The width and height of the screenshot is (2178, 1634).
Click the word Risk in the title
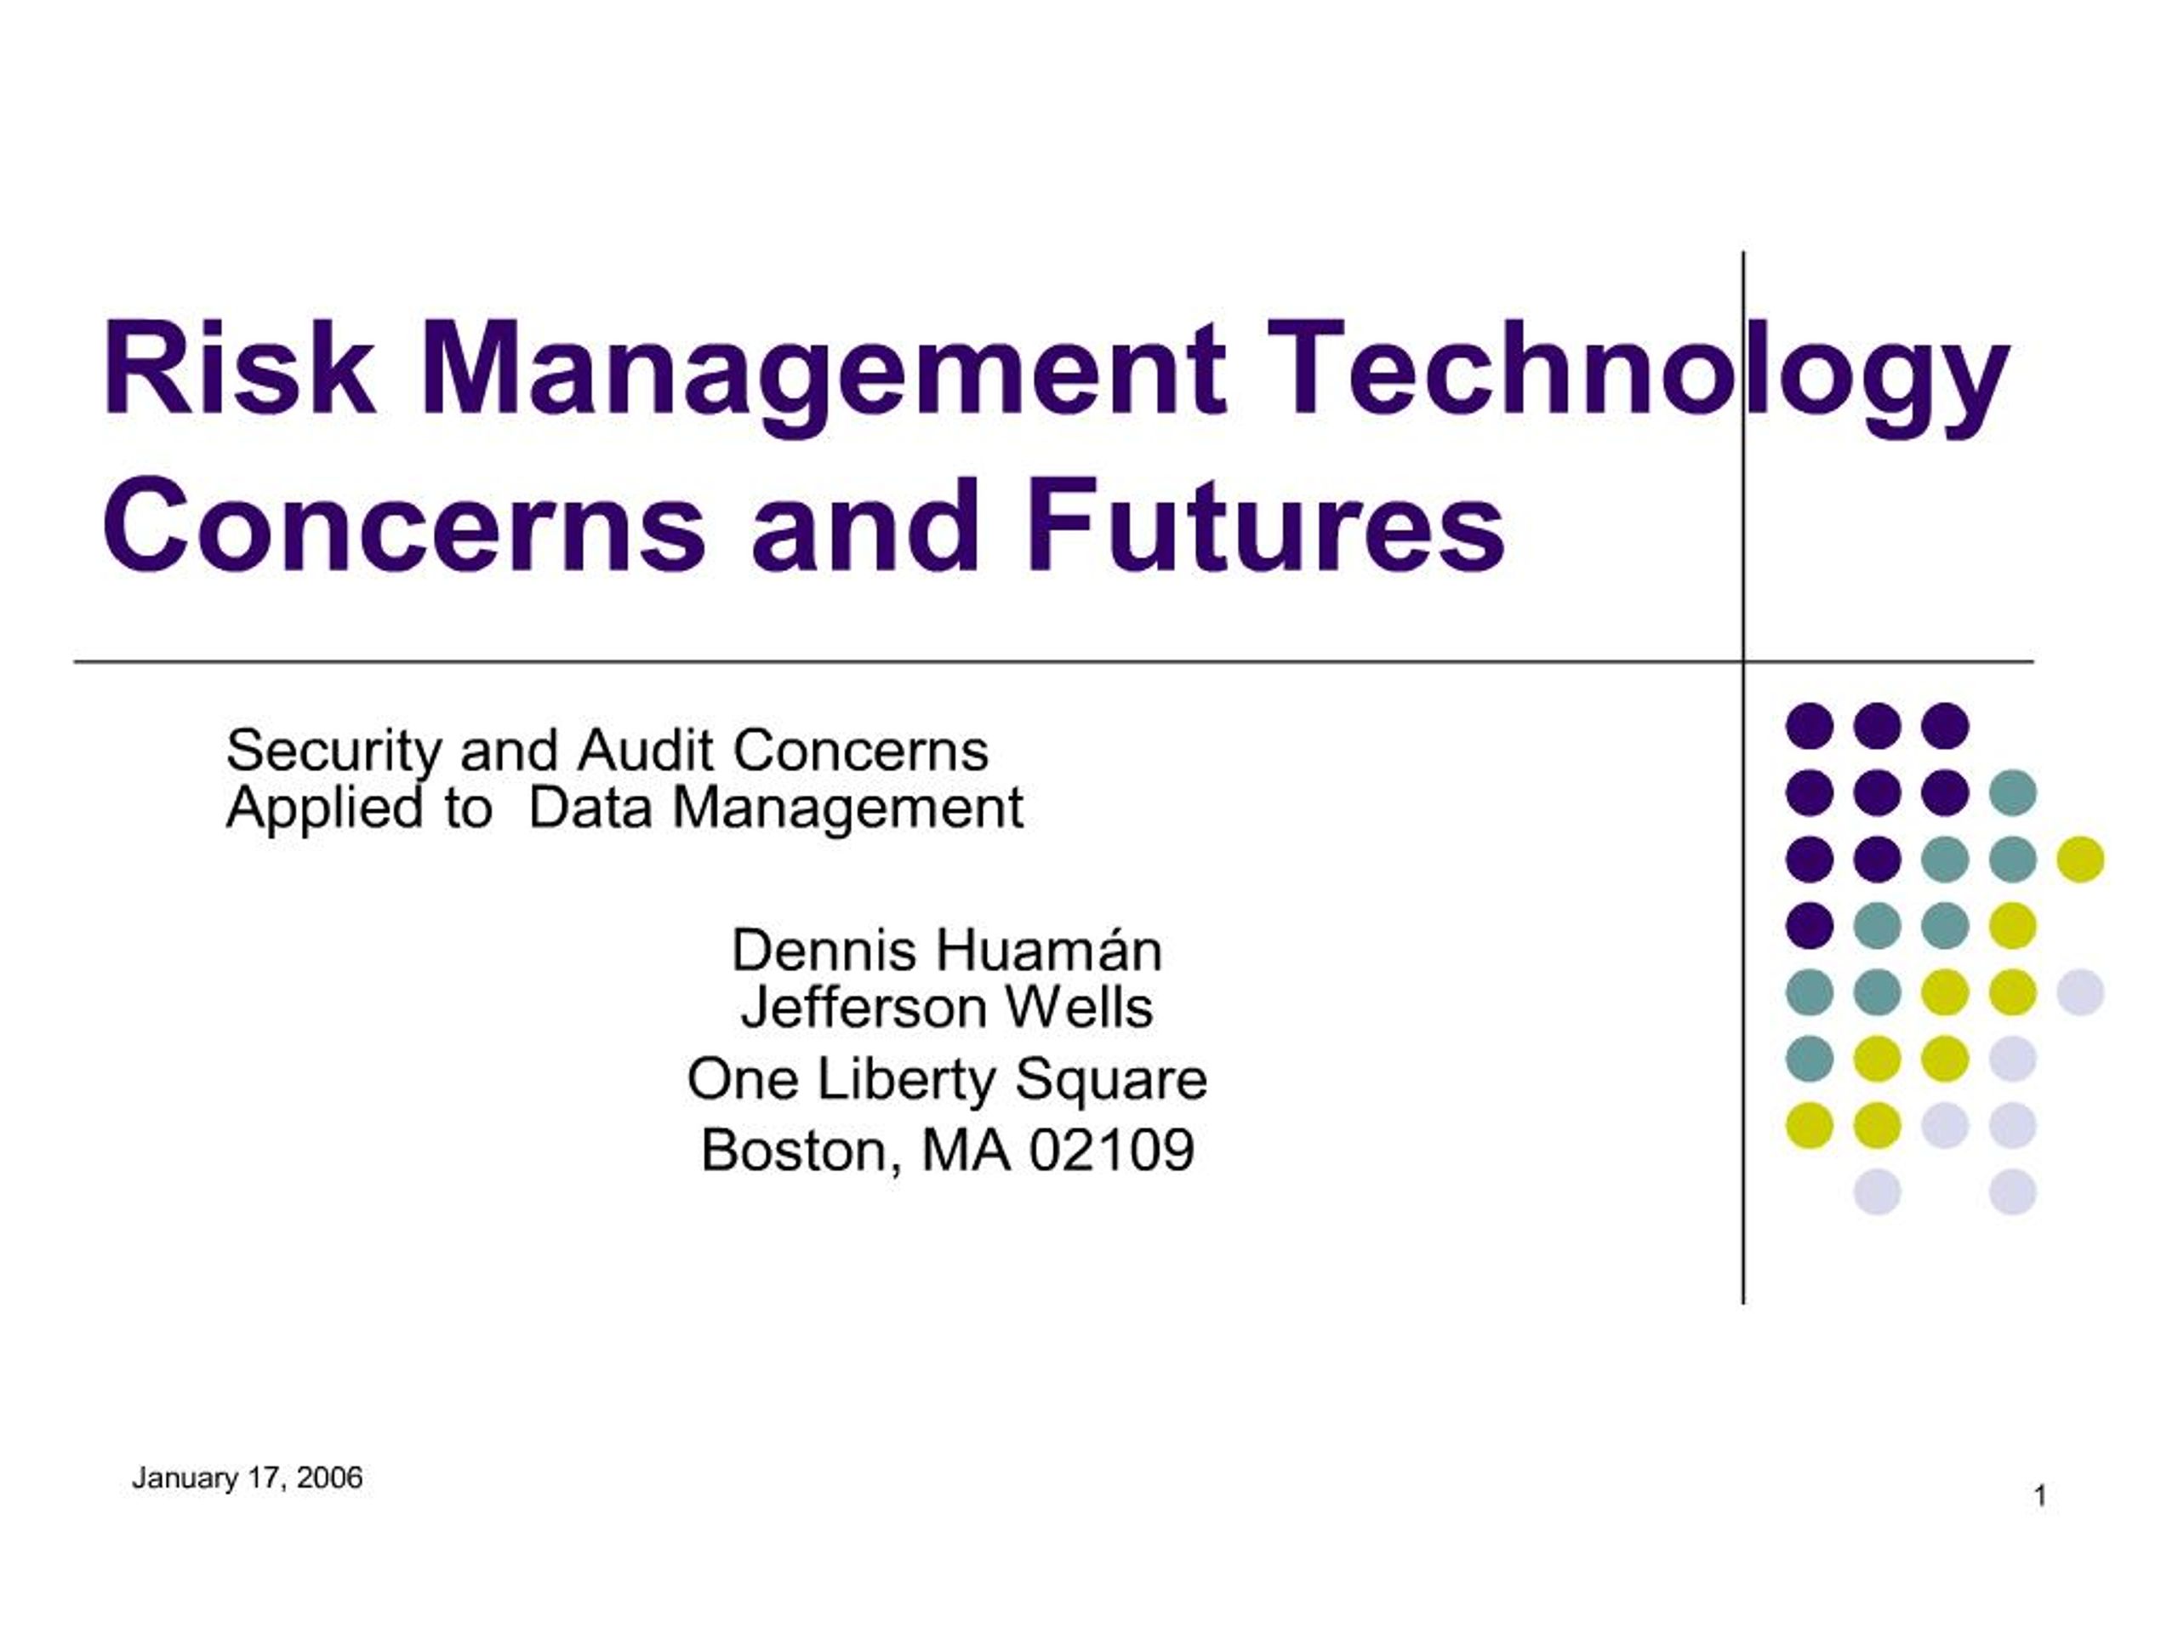(238, 369)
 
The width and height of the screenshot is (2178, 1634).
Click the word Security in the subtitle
(334, 752)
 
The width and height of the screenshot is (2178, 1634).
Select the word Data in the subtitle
(590, 809)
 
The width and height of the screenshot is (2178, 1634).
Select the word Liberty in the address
(905, 1082)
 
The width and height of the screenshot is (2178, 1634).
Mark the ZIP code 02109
(1112, 1151)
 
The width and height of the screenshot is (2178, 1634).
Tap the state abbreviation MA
(966, 1151)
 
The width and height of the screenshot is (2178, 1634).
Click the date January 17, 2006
(247, 1479)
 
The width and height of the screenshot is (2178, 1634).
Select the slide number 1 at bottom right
(2040, 1497)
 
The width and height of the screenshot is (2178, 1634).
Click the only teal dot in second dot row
(2013, 793)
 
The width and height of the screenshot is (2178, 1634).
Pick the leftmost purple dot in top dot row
(1810, 726)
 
